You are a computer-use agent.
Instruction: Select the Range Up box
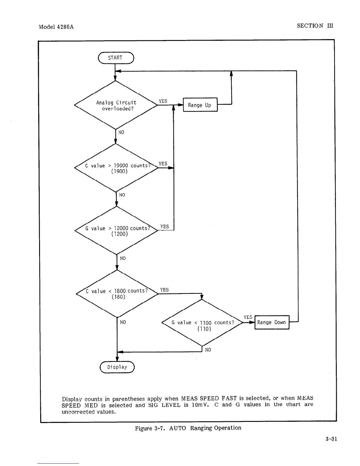pyautogui.click(x=200, y=105)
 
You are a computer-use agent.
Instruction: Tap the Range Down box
pyautogui.click(x=272, y=322)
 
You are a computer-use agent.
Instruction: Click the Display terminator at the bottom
pyautogui.click(x=117, y=367)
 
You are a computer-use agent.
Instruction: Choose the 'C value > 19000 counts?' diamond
pyautogui.click(x=116, y=168)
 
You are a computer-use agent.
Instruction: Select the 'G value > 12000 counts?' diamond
pyautogui.click(x=117, y=230)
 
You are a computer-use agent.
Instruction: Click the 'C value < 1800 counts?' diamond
pyautogui.click(x=117, y=293)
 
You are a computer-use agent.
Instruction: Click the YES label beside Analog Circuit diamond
pyautogui.click(x=163, y=101)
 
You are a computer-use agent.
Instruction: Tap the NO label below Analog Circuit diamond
pyautogui.click(x=121, y=132)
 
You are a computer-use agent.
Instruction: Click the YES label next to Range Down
pyautogui.click(x=248, y=317)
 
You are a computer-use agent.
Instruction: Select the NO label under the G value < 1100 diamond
pyautogui.click(x=208, y=350)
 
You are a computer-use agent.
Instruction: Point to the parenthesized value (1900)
pyautogui.click(x=119, y=171)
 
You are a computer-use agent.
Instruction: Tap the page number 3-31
pyautogui.click(x=331, y=439)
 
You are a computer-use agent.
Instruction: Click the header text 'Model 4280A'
pyautogui.click(x=56, y=27)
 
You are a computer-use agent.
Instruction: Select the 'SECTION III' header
pyautogui.click(x=315, y=26)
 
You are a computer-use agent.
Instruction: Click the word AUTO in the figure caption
pyautogui.click(x=178, y=428)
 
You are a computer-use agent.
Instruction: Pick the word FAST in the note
pyautogui.click(x=229, y=398)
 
